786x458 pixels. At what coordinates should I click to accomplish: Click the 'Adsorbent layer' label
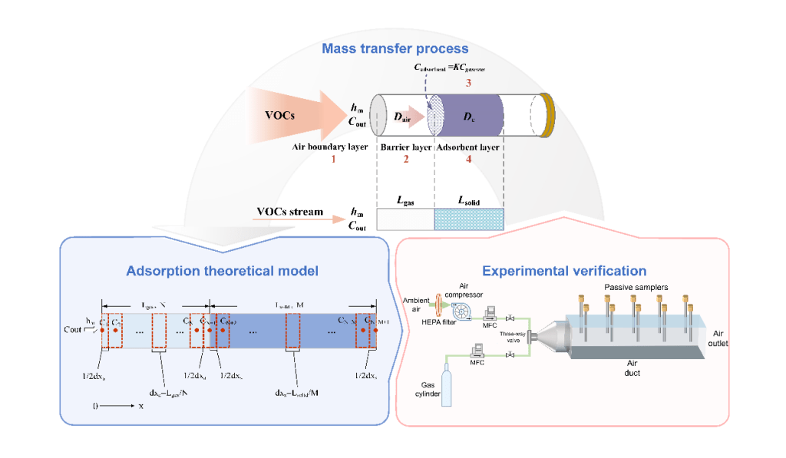tap(469, 146)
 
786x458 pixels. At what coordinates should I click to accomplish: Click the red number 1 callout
tap(333, 160)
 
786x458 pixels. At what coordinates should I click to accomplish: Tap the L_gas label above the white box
tap(405, 199)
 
